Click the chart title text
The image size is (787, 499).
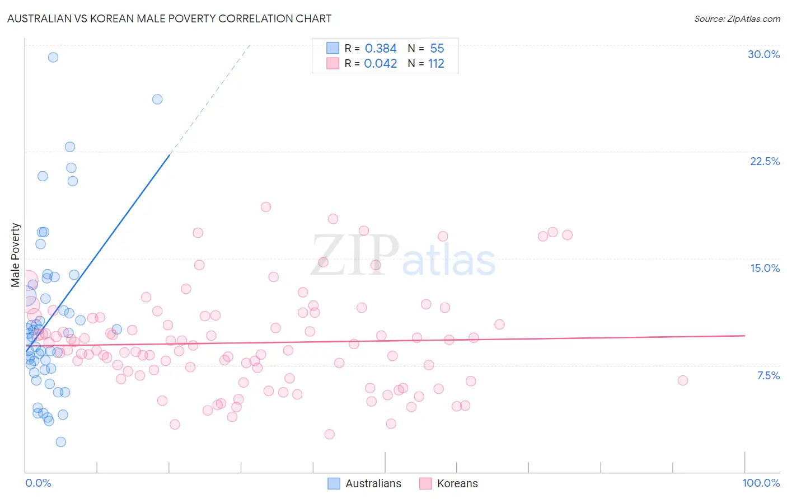(169, 18)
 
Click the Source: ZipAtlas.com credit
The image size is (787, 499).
(737, 18)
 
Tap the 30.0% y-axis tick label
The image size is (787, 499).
(763, 54)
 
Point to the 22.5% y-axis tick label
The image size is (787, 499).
(765, 161)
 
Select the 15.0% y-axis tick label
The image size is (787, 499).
(765, 268)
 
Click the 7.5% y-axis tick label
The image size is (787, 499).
(768, 375)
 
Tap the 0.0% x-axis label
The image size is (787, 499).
(38, 483)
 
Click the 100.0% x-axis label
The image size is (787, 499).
(761, 483)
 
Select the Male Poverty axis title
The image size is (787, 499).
(16, 255)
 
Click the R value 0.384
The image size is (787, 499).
(381, 49)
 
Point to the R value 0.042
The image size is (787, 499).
(381, 64)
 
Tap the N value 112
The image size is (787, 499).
(436, 64)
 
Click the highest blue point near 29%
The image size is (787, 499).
(53, 57)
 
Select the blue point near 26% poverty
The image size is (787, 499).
(157, 99)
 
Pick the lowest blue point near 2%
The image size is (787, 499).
(61, 442)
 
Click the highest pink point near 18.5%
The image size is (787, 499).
(266, 207)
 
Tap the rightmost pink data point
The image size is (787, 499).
(683, 380)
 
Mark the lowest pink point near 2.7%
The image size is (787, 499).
(330, 434)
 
